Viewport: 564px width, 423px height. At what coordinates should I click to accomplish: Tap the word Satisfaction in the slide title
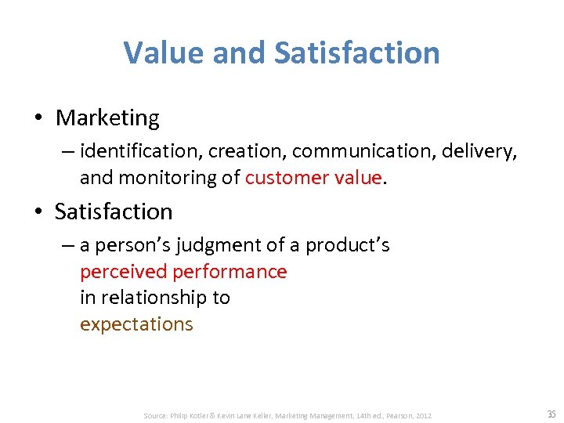(357, 53)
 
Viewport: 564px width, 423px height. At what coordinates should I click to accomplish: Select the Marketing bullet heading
(107, 118)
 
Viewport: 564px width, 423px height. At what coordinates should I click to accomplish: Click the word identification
(137, 150)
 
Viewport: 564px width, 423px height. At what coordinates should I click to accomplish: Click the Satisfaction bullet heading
(114, 211)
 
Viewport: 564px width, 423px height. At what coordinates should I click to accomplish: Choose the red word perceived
(124, 272)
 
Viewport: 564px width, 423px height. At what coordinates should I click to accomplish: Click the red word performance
(230, 272)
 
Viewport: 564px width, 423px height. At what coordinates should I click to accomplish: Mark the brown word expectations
(136, 324)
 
